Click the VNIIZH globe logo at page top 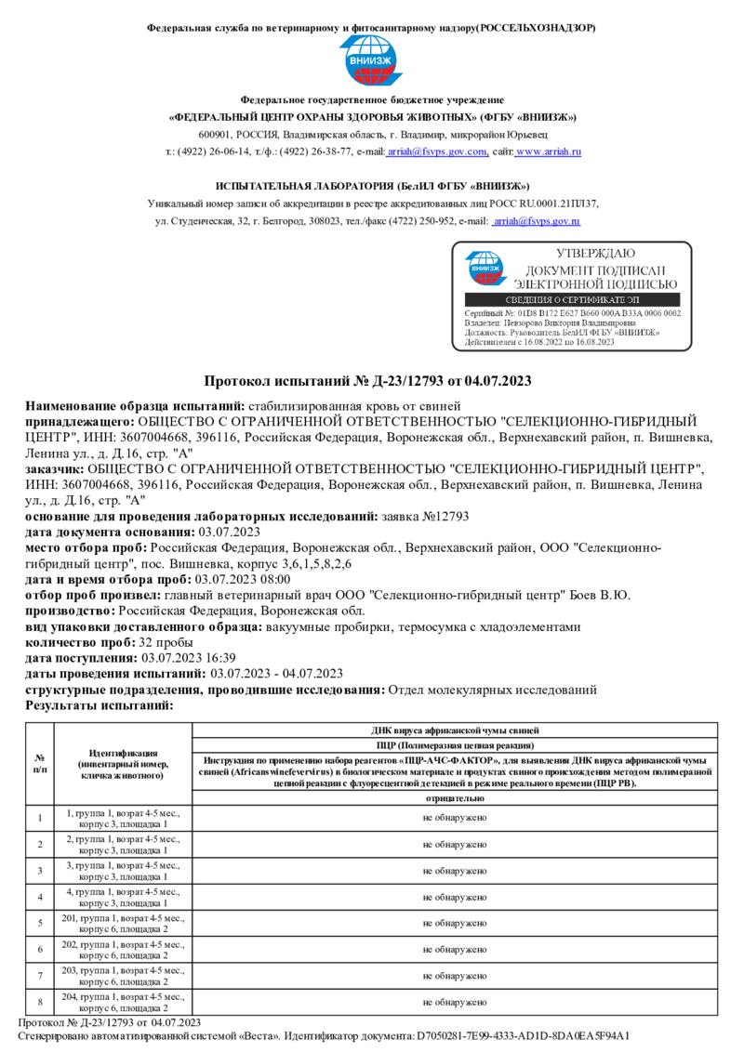tap(371, 61)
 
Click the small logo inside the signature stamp tap(484, 268)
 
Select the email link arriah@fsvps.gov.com tap(437, 151)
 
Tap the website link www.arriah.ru tap(548, 151)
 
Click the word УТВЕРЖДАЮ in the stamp tap(595, 254)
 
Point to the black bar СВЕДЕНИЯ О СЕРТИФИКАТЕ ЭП tap(572, 300)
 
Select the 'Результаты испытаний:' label tap(100, 705)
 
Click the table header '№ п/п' tap(39, 763)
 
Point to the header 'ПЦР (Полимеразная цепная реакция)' tap(455, 745)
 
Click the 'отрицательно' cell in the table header tap(455, 798)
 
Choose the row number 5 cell tap(39, 923)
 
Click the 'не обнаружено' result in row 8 tap(455, 1003)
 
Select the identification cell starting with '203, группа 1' tap(123, 976)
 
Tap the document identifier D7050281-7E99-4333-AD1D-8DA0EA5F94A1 tap(524, 1035)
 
